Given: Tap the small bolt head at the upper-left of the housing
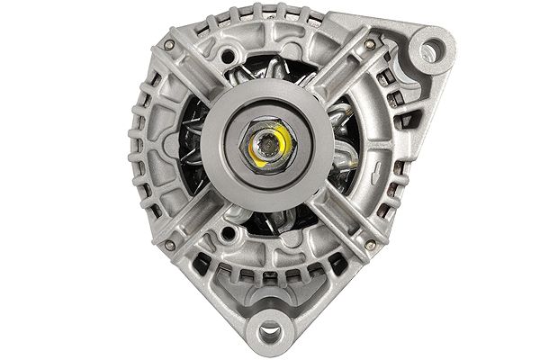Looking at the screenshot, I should pos(168,43).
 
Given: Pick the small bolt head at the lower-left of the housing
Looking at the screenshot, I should pos(169,244).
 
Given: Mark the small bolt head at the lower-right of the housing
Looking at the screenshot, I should pos(370,243).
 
